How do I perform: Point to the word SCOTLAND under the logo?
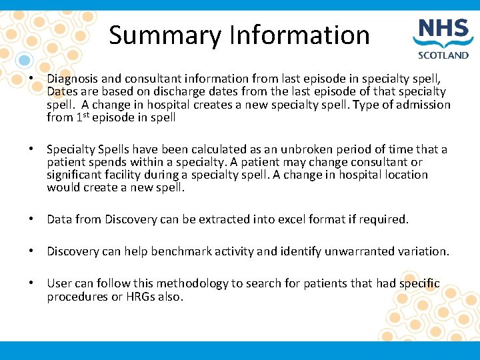point(443,56)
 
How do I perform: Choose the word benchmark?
point(186,251)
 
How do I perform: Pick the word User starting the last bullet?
point(59,283)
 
